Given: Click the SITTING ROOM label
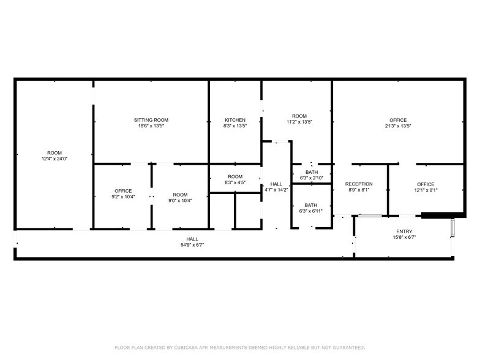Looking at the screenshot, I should [x=151, y=120].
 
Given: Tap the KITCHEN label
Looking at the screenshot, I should [x=235, y=120].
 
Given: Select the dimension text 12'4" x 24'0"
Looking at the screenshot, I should [x=54, y=159].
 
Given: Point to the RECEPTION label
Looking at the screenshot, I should [x=359, y=184].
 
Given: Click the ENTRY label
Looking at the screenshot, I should [x=404, y=231].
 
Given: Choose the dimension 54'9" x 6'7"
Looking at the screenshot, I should [x=192, y=245].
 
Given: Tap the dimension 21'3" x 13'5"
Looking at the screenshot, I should [x=398, y=126].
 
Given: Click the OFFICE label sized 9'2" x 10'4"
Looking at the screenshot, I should [x=123, y=190].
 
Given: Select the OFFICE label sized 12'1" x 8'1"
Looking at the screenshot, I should [x=426, y=184].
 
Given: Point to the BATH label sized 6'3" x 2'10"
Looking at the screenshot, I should [x=311, y=173].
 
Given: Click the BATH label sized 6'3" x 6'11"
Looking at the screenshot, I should [x=311, y=205].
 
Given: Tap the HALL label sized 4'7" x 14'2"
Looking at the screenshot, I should [x=276, y=184].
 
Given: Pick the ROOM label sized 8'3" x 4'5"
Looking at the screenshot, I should [x=235, y=177].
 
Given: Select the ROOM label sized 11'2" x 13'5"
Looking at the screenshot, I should [x=299, y=116].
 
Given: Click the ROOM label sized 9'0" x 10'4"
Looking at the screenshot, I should [x=180, y=194].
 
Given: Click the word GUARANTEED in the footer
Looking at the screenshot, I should [x=346, y=347].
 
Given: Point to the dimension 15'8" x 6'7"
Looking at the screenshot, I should [x=404, y=238].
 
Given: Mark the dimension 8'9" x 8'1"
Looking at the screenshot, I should [x=359, y=190].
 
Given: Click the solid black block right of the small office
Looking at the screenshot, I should [x=435, y=215].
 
